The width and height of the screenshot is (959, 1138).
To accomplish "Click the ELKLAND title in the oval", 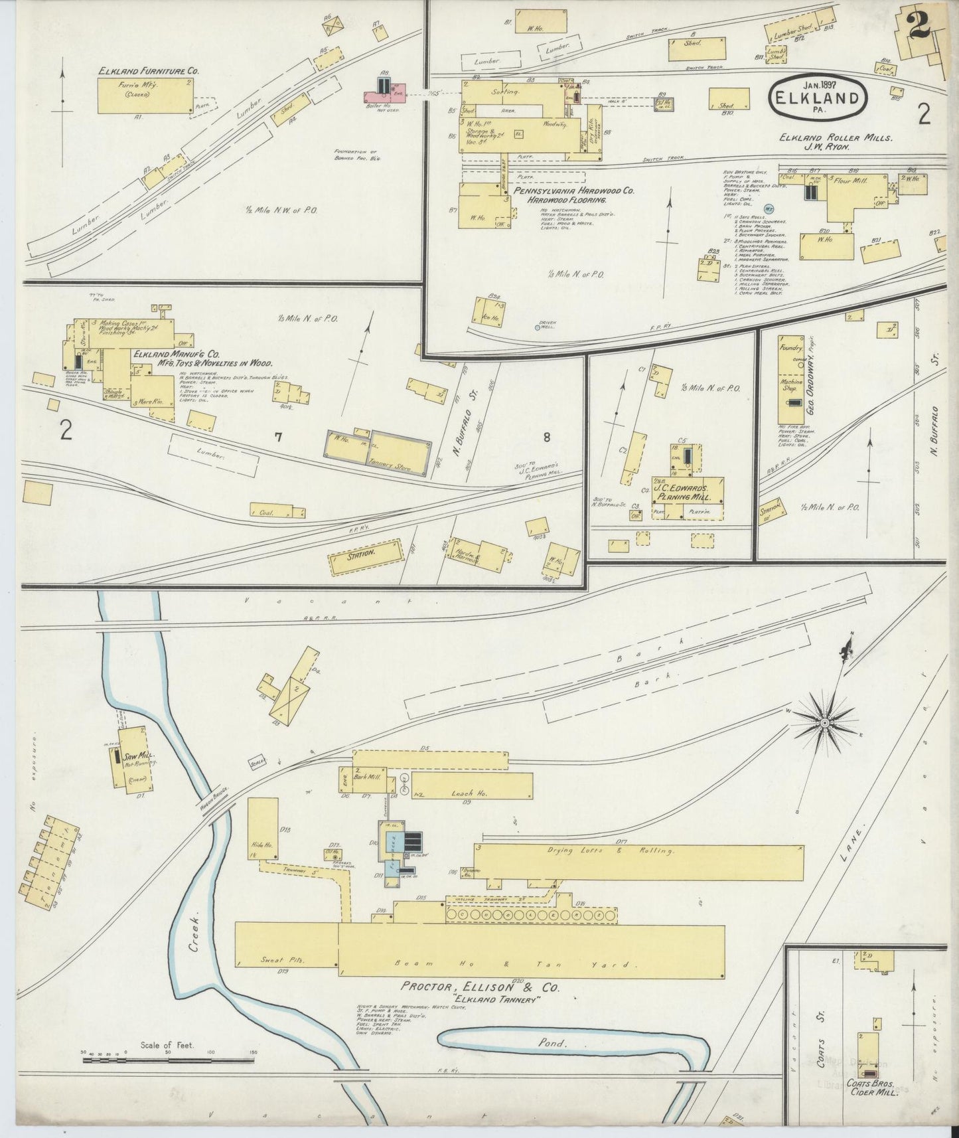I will [818, 100].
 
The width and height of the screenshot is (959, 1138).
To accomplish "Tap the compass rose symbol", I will [824, 720].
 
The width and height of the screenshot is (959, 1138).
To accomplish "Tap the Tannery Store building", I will [396, 457].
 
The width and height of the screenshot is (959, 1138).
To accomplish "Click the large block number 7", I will [279, 437].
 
